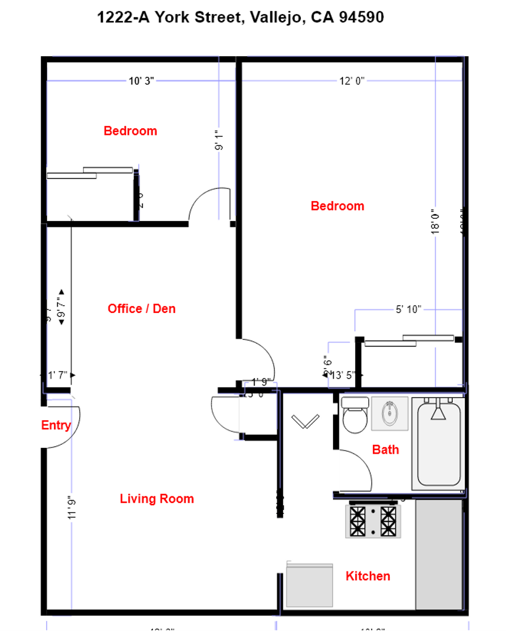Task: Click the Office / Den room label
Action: pos(141,308)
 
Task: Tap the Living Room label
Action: pos(157,499)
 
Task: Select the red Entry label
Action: pos(56,426)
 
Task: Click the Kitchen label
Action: pos(368,576)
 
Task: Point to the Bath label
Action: pos(385,450)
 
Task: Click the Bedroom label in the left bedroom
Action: pos(130,131)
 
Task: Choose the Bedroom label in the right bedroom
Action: pos(337,206)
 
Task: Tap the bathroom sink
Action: pos(390,414)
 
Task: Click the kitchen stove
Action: pos(372,520)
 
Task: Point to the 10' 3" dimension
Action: pos(141,81)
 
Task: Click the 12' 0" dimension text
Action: pos(352,81)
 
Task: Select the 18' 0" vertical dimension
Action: pos(434,223)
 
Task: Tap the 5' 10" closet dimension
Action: pos(408,309)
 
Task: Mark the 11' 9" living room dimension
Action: pos(72,508)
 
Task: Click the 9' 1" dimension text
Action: pos(219,141)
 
